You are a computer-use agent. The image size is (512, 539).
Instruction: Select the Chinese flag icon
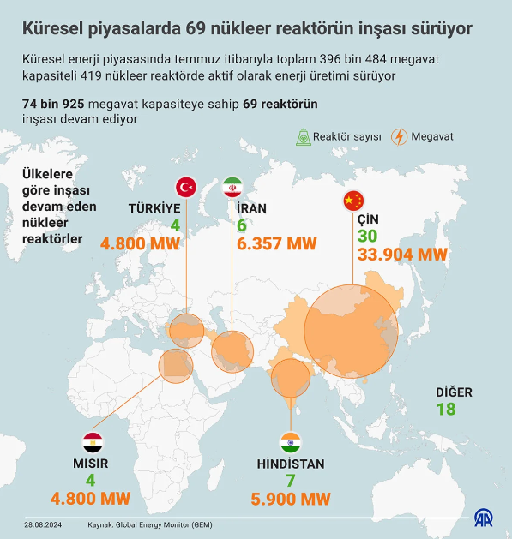(x=352, y=201)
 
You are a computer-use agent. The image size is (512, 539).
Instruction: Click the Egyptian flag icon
(x=93, y=443)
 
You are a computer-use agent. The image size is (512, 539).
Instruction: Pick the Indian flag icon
(x=291, y=443)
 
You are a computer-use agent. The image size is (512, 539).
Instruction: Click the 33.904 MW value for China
(x=403, y=255)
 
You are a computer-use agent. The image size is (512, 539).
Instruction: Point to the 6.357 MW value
(x=276, y=243)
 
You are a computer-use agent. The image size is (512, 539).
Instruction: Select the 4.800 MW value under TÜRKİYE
(x=141, y=243)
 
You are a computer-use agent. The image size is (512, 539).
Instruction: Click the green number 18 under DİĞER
(x=446, y=409)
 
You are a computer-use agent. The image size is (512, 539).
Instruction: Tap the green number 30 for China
(x=367, y=236)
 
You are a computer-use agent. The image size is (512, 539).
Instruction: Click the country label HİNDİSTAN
(x=291, y=464)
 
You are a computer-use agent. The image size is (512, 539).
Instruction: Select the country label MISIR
(x=91, y=464)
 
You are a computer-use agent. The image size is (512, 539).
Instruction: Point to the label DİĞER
(x=454, y=392)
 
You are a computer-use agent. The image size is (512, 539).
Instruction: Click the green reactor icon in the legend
(x=303, y=136)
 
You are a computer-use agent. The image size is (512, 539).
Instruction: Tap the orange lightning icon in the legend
(x=399, y=136)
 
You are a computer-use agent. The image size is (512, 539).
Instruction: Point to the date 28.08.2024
(x=43, y=524)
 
